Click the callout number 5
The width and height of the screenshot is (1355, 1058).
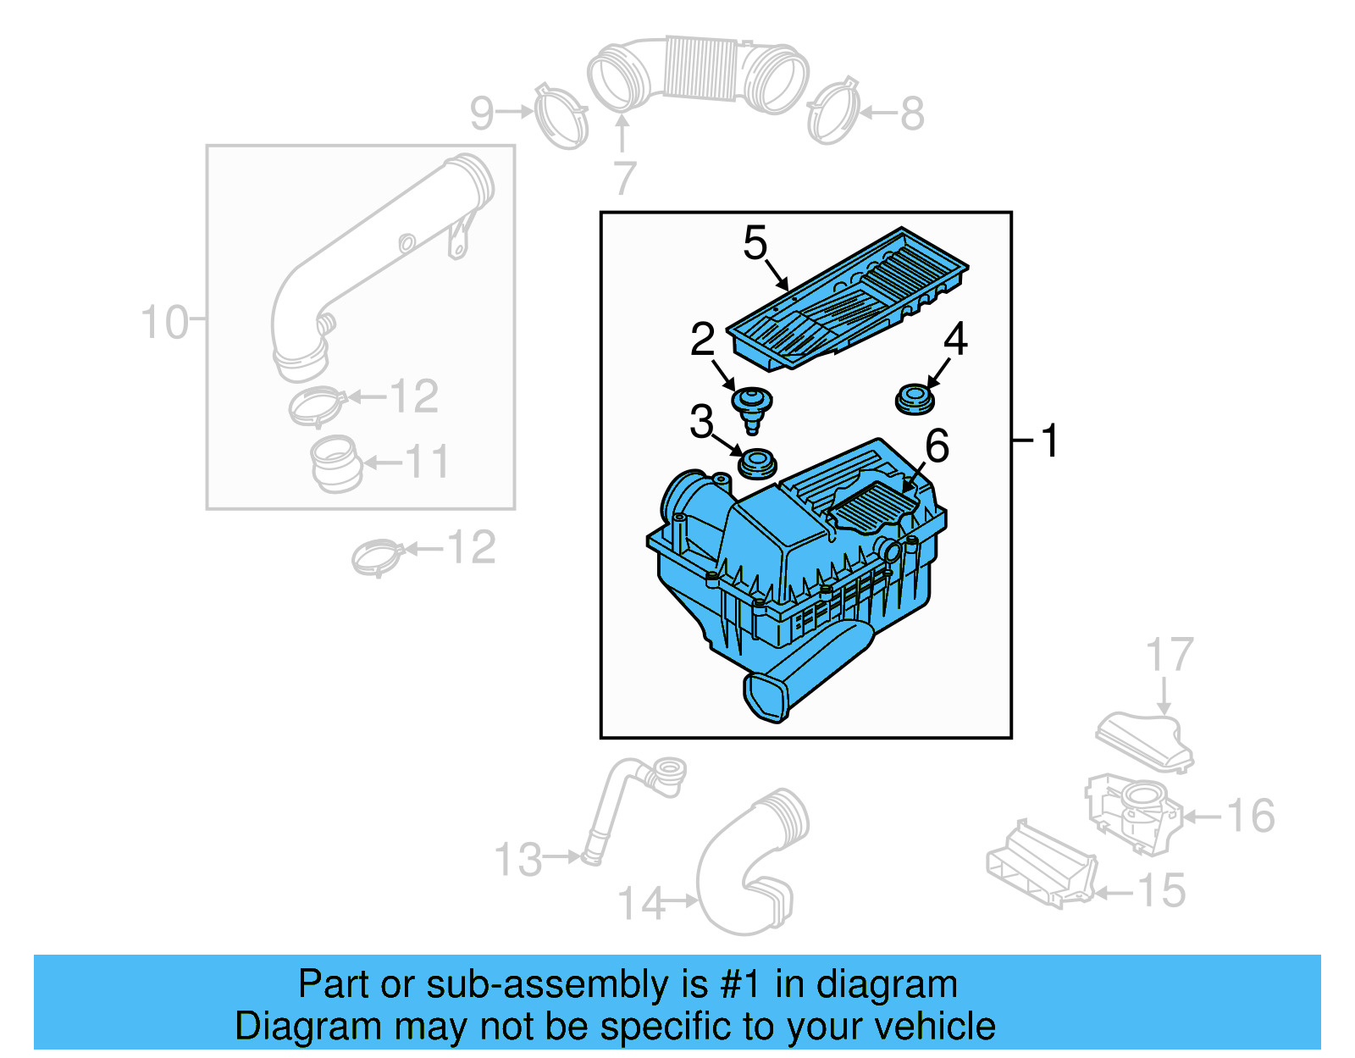pos(755,244)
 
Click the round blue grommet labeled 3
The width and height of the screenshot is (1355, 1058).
pos(757,464)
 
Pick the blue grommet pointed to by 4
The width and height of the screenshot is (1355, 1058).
pos(914,400)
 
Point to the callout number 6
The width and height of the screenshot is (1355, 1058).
pos(937,446)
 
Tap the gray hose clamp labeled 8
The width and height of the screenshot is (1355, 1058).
pos(833,111)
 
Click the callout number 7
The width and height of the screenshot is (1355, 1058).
pos(624,179)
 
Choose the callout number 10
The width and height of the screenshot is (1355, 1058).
pos(163,324)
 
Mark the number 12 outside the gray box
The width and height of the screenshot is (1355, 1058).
pos(471,548)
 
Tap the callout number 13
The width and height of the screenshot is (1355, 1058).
pos(517,860)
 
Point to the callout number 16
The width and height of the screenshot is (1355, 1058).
pos(1250,817)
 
